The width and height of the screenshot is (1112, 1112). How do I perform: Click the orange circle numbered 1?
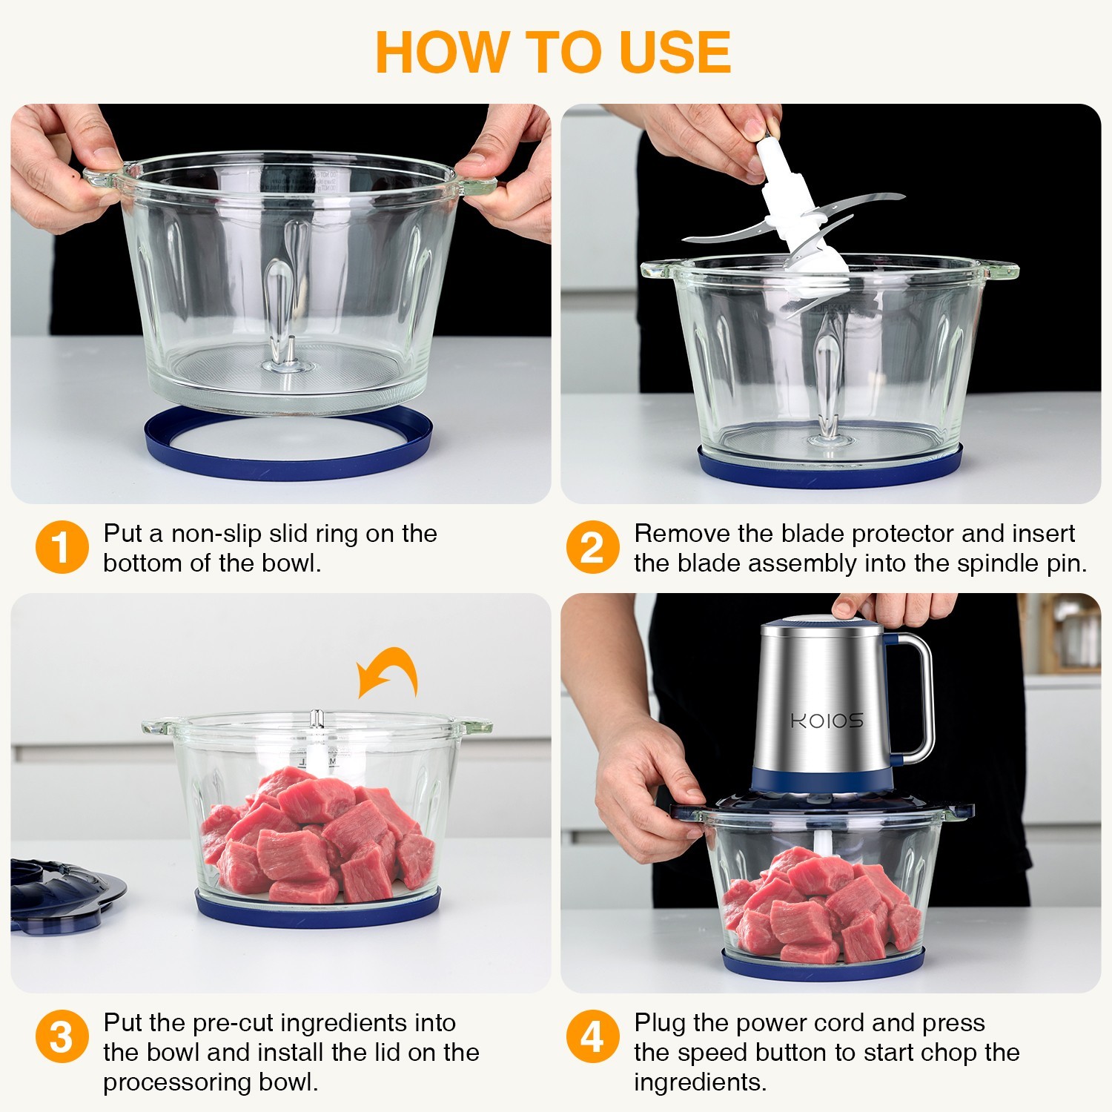coord(62,547)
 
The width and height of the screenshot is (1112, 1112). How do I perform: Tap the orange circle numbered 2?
coord(592,547)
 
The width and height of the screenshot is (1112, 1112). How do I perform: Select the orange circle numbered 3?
coord(62,1036)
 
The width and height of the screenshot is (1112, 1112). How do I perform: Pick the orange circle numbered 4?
coord(592,1036)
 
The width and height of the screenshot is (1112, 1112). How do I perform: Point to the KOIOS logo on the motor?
coord(827,721)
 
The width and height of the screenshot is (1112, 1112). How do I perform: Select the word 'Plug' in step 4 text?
coord(660,1023)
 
